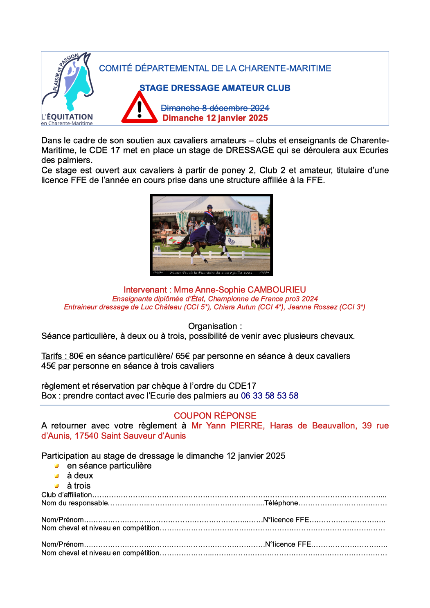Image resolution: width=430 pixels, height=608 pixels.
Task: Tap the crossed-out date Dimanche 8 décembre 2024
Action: click(215, 108)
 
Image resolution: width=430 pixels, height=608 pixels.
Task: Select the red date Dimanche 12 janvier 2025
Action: click(215, 118)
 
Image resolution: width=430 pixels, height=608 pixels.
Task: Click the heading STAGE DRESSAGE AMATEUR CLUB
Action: click(215, 88)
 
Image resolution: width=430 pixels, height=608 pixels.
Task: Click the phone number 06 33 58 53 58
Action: click(270, 396)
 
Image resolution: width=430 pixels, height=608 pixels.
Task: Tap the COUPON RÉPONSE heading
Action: click(215, 415)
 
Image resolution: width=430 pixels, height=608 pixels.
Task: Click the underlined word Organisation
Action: click(212, 326)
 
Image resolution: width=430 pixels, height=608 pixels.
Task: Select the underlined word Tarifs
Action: click(52, 356)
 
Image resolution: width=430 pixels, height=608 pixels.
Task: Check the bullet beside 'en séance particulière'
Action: click(57, 466)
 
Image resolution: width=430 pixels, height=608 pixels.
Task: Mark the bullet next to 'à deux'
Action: click(57, 476)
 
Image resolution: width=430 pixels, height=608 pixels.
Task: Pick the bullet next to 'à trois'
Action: click(57, 486)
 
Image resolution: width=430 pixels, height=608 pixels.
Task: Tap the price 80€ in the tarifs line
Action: click(76, 356)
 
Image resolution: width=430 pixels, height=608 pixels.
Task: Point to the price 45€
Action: click(48, 366)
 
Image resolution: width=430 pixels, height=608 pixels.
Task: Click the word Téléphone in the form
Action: click(281, 503)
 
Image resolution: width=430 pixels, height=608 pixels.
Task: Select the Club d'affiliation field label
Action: click(67, 495)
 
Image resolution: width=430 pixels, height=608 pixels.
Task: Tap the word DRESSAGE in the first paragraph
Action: click(250, 150)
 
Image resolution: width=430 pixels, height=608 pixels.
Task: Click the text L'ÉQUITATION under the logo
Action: click(67, 117)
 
